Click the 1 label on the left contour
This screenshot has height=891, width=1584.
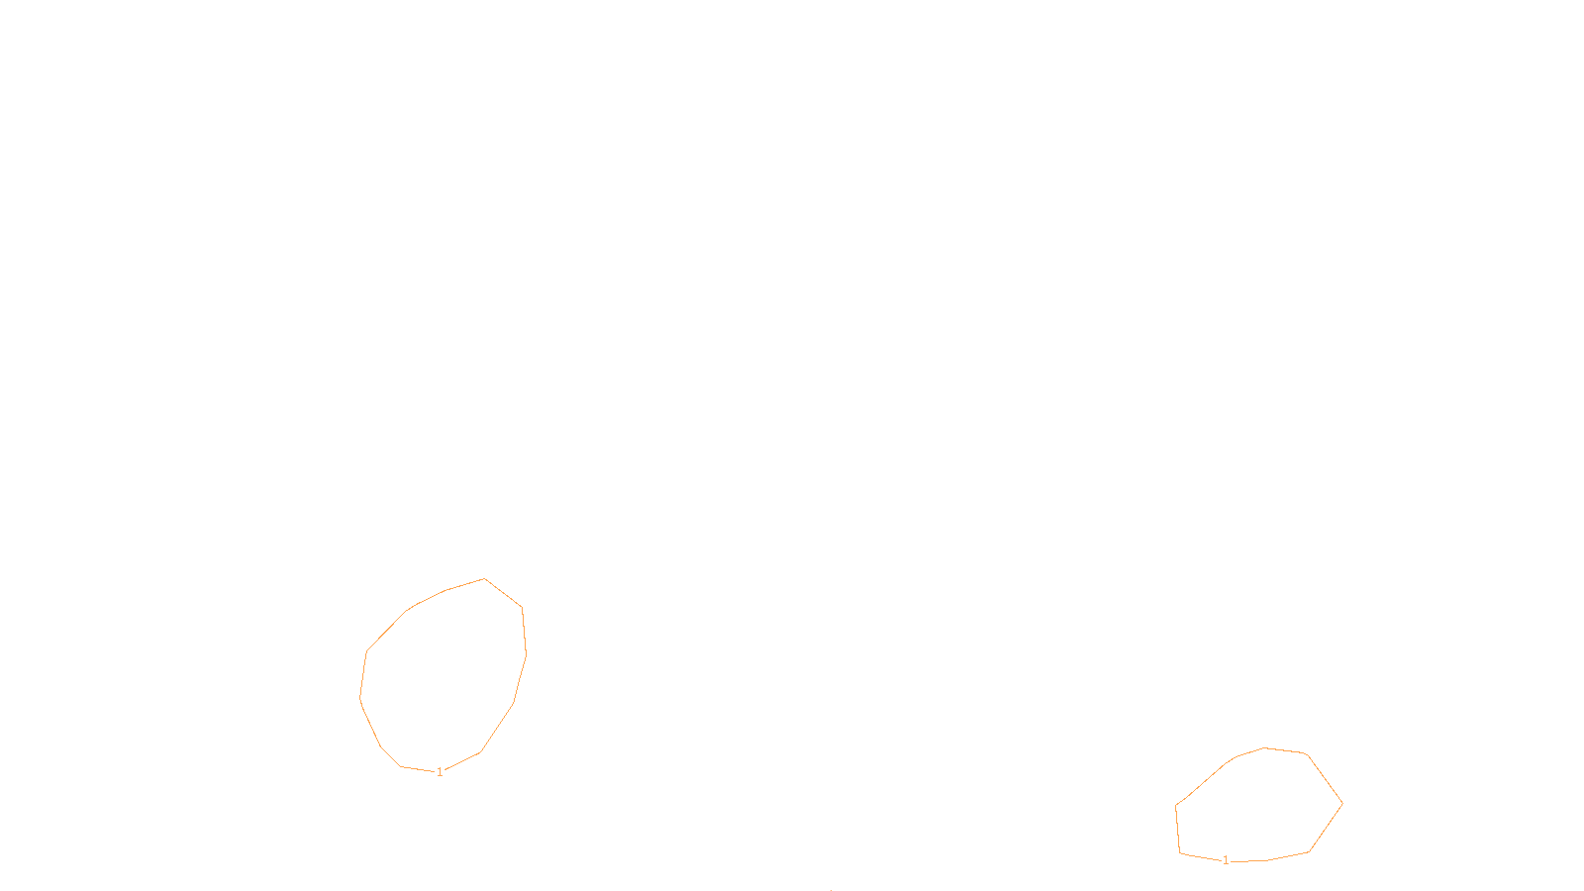point(440,772)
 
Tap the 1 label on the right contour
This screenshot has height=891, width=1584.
point(1226,860)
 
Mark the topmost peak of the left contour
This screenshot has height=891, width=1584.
point(485,579)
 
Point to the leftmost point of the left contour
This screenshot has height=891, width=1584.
point(360,697)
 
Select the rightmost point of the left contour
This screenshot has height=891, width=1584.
point(526,653)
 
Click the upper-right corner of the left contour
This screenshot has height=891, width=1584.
point(522,607)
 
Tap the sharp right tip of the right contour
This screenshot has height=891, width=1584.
point(1342,804)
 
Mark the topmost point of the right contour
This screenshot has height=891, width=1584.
point(1265,747)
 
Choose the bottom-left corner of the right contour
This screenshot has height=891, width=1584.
point(1180,852)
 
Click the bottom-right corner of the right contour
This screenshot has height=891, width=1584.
point(1309,851)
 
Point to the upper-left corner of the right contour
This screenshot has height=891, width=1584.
point(1176,805)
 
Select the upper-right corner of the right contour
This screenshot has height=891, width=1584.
point(1308,754)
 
